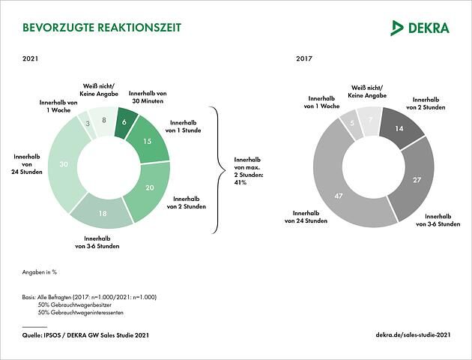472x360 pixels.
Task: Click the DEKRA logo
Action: coord(420,28)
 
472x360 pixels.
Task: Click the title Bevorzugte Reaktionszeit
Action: coord(102,28)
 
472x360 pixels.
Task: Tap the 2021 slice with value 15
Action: coord(147,140)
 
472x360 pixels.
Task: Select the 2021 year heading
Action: coord(31,58)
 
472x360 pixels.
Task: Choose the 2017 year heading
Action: coord(304,58)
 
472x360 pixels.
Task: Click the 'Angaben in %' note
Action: coord(40,271)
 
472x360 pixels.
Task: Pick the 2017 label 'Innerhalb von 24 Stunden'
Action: coord(306,217)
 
